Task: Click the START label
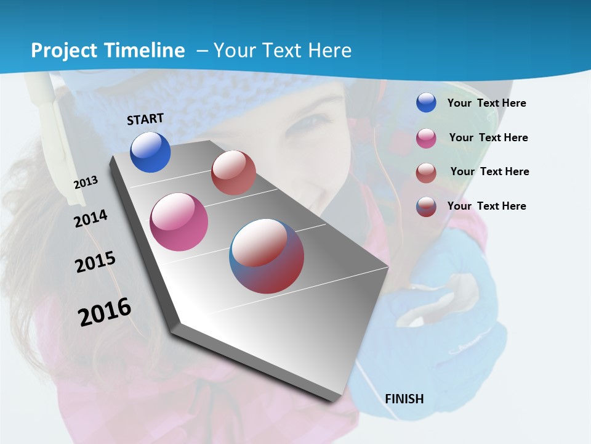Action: coord(145,119)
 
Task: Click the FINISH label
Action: coord(404,399)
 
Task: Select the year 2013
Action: coord(86,183)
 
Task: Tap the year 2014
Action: coord(90,218)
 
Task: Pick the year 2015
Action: coord(95,262)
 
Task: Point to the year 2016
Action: coord(105,312)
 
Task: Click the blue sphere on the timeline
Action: coord(150,152)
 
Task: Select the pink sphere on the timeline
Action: coord(179,222)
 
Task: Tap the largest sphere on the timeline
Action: coord(267,256)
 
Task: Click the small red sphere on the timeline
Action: coord(233,173)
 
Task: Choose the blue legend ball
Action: coord(426,103)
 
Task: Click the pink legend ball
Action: coord(426,138)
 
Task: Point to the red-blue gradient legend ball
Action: coord(426,207)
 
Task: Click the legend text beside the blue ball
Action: coord(486,103)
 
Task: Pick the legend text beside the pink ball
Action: coord(488,138)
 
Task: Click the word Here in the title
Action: coord(330,51)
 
